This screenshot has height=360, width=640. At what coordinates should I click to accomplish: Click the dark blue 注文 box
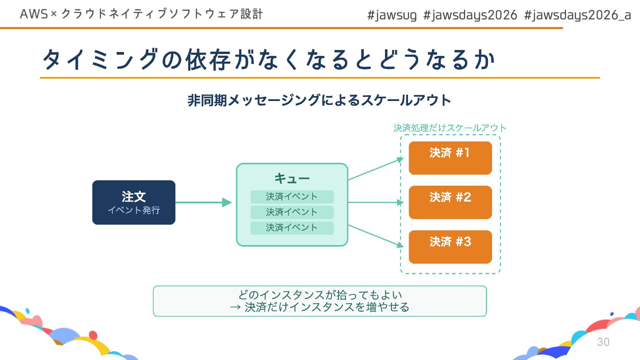[134, 202]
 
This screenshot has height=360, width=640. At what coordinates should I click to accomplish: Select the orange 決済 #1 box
[450, 158]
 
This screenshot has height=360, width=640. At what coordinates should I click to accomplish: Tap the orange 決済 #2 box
[450, 202]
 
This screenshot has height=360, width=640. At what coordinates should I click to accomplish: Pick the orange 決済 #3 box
[450, 247]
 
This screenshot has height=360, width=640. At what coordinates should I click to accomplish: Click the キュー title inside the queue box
[292, 179]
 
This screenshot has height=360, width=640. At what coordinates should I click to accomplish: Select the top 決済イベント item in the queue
[292, 197]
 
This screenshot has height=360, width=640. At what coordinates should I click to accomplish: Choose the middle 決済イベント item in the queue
[292, 212]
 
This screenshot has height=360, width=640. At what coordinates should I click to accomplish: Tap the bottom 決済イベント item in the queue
[292, 228]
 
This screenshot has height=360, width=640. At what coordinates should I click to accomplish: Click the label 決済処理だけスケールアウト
[450, 128]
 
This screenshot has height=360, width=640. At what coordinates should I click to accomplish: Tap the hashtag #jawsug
[392, 15]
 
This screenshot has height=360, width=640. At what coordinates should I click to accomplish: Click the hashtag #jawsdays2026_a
[577, 15]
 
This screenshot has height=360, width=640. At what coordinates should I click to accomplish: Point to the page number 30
[603, 342]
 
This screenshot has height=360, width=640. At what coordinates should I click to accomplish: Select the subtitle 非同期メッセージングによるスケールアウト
[319, 100]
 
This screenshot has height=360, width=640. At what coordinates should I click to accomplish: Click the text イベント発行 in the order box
[134, 210]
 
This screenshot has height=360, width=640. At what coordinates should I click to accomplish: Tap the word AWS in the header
[34, 14]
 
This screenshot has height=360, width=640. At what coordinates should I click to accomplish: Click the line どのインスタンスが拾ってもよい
[320, 295]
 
